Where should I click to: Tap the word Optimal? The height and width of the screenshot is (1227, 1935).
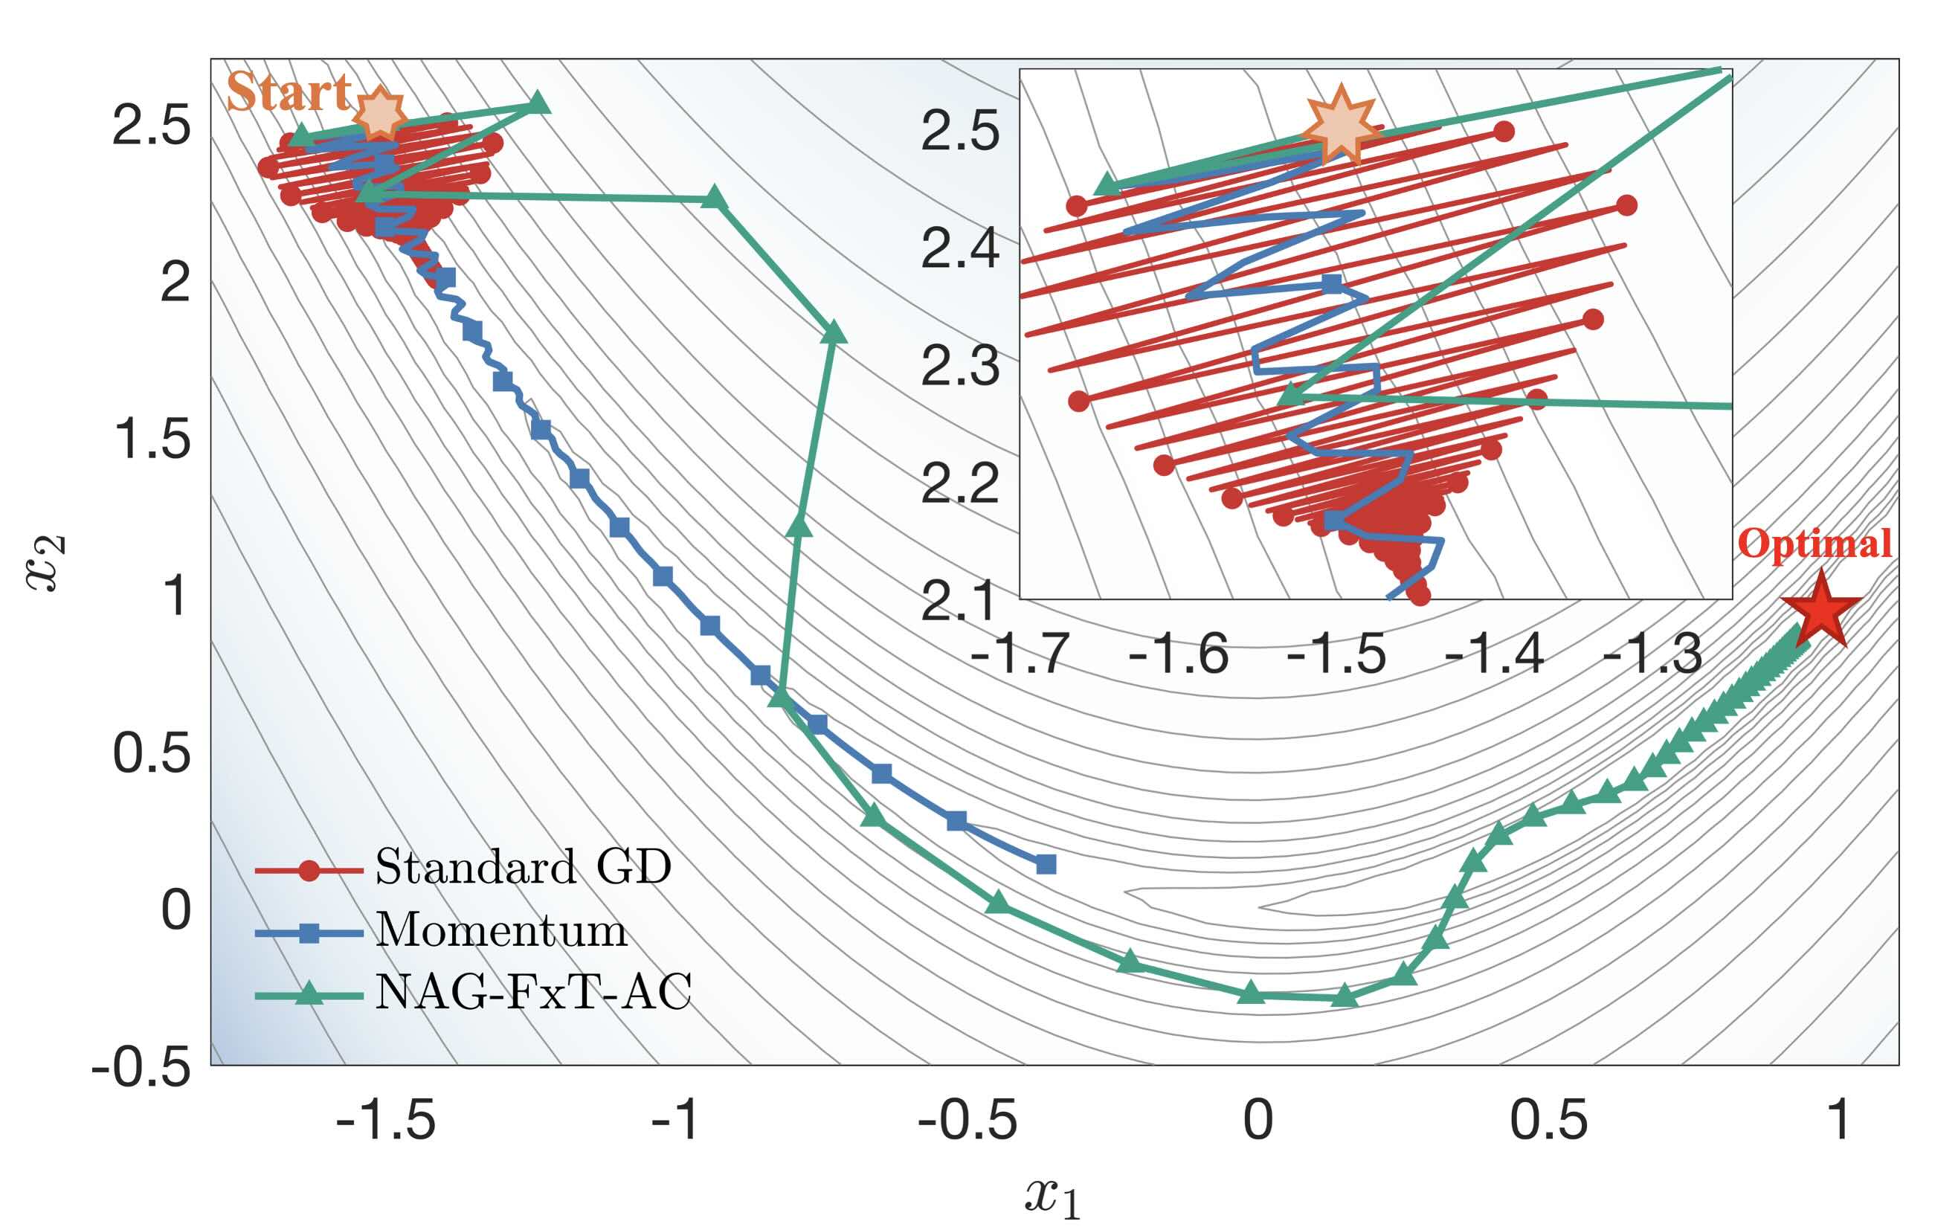click(1814, 544)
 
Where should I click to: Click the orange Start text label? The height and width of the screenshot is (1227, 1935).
click(288, 92)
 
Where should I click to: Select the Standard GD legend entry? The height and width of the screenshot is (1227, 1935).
click(522, 868)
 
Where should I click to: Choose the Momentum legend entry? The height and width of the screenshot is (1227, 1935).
click(500, 930)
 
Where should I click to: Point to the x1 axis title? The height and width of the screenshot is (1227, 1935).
click(1053, 1197)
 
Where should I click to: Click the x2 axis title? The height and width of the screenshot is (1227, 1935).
click(46, 564)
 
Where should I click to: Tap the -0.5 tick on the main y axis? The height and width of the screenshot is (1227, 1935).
click(141, 1068)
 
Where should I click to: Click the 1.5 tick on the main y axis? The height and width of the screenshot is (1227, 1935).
click(152, 439)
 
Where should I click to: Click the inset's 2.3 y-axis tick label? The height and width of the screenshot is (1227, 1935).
click(960, 367)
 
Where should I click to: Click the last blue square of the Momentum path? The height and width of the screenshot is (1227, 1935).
click(1046, 865)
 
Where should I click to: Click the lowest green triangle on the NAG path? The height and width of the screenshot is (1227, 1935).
click(1345, 996)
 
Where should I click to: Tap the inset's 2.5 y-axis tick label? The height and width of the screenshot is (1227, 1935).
click(960, 131)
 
